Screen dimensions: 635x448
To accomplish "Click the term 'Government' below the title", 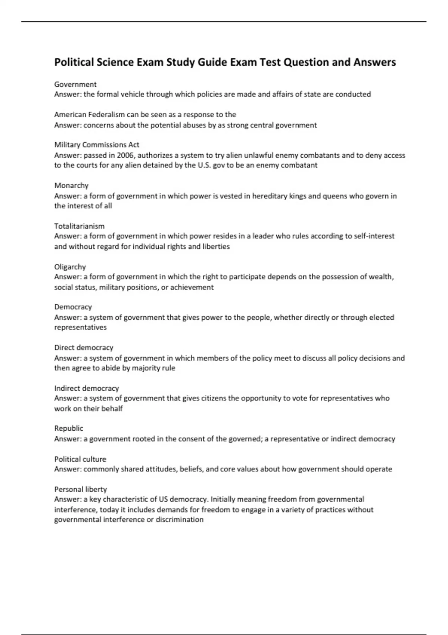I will (75, 84).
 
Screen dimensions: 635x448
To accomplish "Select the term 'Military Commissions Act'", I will (97, 145).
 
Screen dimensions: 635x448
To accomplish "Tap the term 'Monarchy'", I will (71, 186).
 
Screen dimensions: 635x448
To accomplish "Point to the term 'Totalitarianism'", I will (79, 226).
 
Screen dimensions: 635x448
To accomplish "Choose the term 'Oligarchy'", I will (70, 267).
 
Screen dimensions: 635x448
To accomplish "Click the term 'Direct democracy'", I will (84, 348).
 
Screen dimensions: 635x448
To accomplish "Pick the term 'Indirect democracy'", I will (87, 388).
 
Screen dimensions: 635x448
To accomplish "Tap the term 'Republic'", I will (69, 428).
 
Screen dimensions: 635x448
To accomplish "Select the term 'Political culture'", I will (80, 459).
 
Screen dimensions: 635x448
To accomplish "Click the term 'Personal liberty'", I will (81, 489).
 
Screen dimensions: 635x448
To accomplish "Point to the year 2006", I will (125, 155).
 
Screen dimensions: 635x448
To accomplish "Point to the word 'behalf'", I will (112, 409).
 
